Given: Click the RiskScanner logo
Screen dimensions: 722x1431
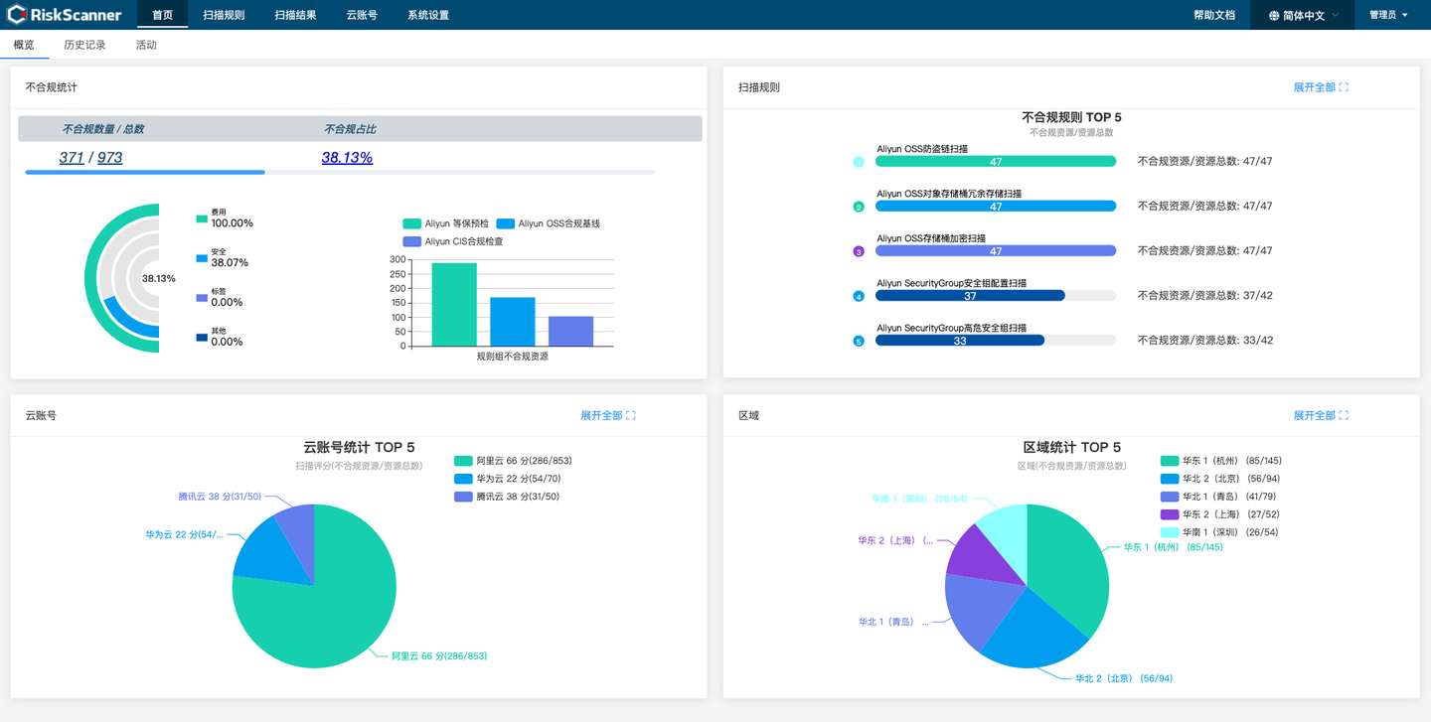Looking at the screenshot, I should click(65, 15).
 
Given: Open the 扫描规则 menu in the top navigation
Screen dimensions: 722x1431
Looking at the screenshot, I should click(224, 15).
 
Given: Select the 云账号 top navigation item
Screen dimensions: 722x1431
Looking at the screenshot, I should click(362, 15).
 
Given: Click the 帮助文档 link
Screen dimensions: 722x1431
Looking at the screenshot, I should click(1213, 15).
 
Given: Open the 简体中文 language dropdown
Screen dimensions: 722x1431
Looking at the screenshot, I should click(1304, 16).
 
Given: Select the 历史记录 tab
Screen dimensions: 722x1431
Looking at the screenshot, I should click(84, 45).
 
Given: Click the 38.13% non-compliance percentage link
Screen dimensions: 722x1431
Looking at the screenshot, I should click(347, 157).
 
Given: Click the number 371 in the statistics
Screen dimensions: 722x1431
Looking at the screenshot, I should click(72, 157).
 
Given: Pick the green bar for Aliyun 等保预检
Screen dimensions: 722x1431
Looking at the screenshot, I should click(454, 305).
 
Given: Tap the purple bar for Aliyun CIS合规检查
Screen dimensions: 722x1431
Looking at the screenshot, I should click(570, 332).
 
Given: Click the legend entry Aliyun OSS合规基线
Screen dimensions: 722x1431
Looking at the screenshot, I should click(549, 223).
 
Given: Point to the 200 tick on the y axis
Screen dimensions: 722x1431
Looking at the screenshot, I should click(397, 289).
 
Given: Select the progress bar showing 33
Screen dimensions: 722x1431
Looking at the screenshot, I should click(960, 341).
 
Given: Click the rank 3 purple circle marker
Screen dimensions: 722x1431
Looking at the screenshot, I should click(859, 251).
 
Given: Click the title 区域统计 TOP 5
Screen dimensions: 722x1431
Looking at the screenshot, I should click(1071, 447).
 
